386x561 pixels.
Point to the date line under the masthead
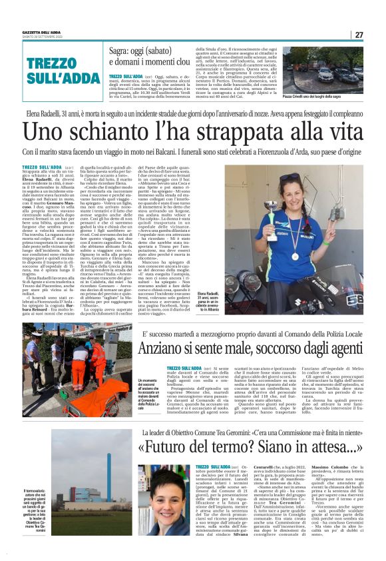pos(45,37)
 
